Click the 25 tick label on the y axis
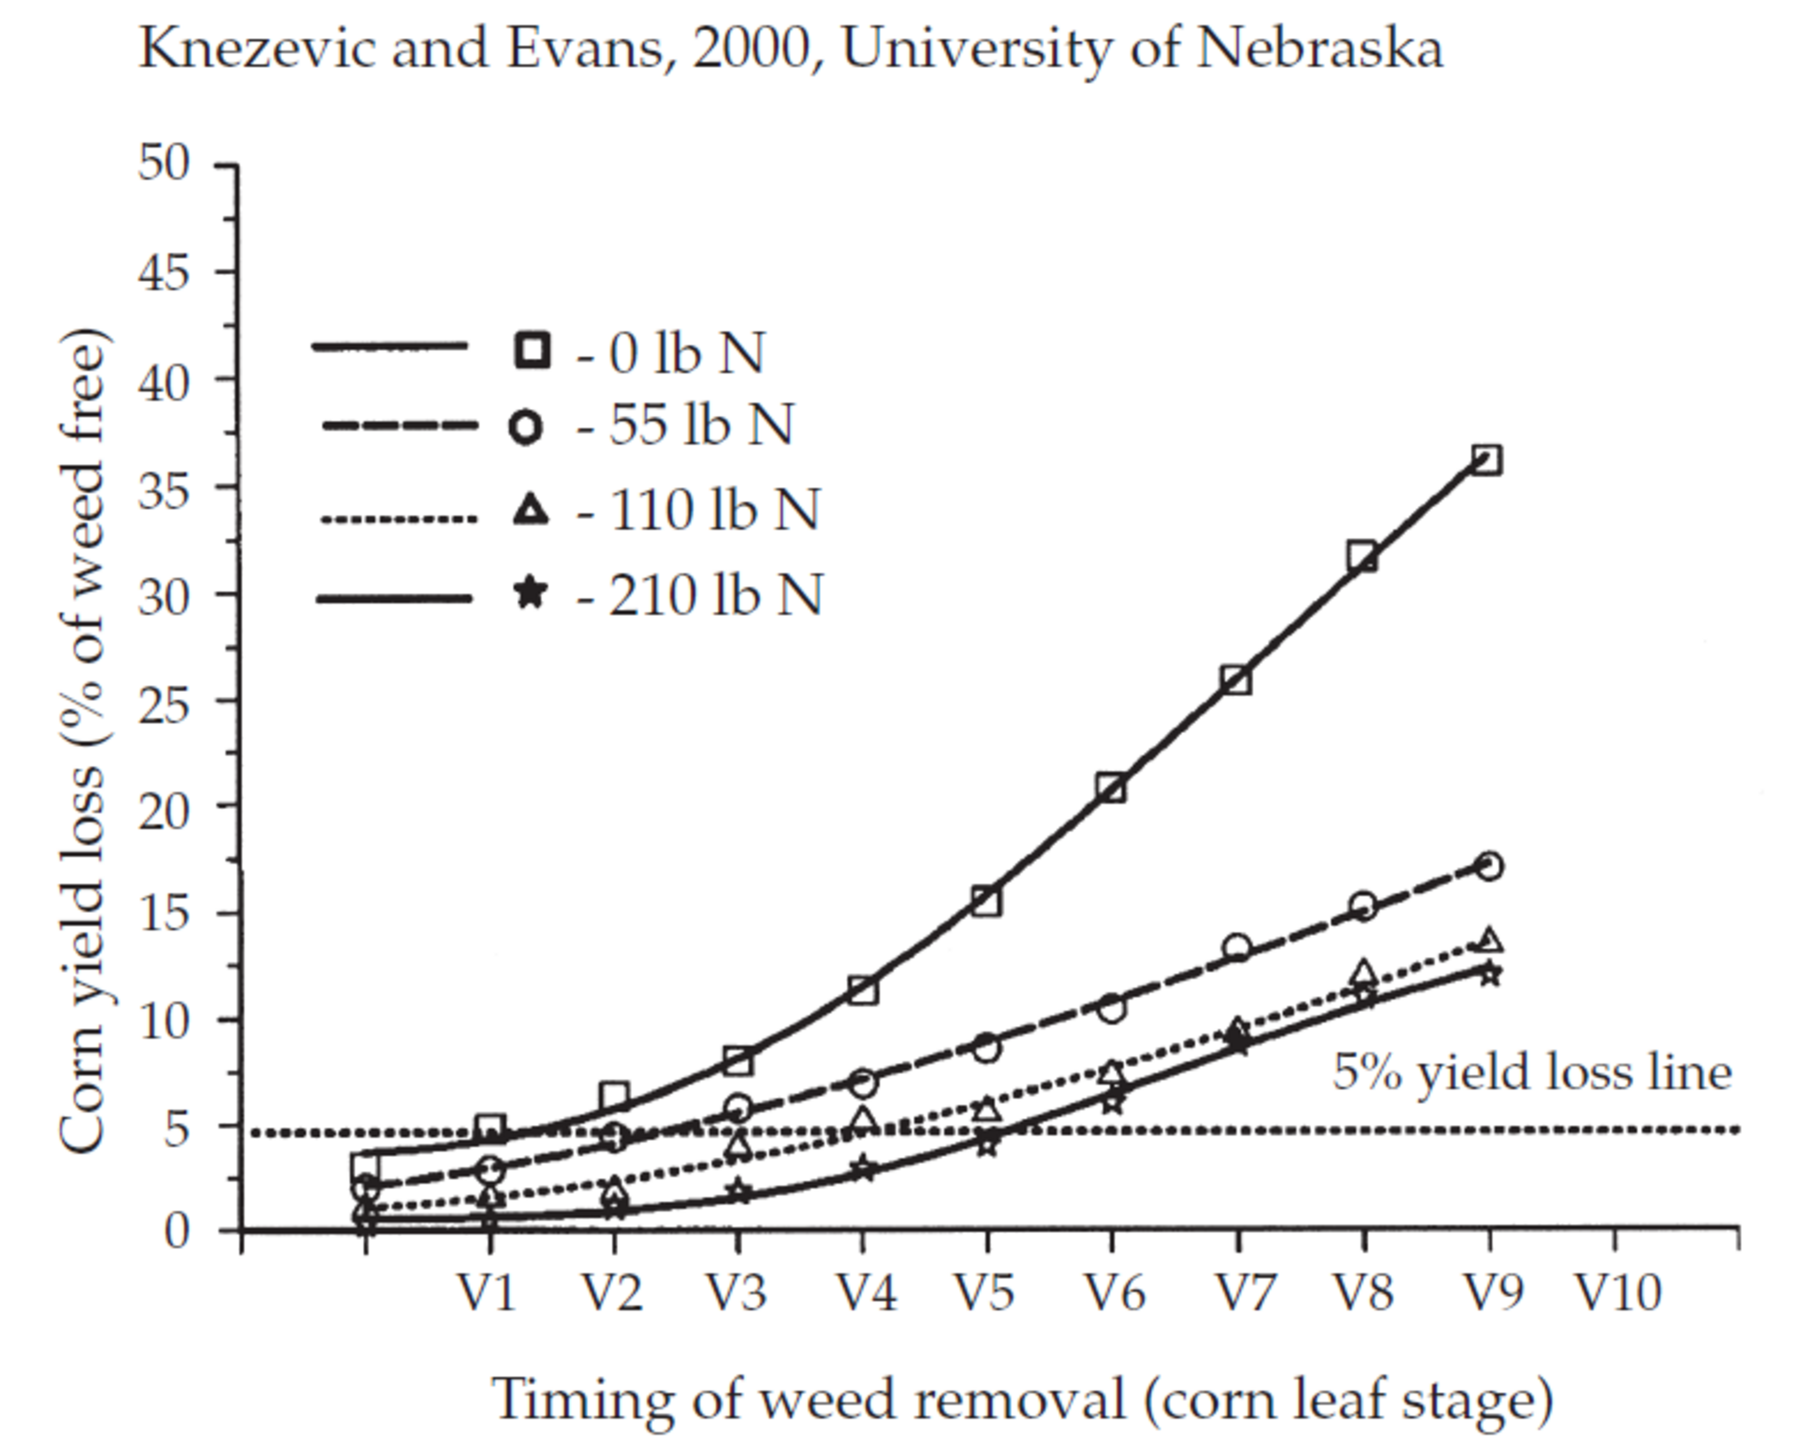[163, 699]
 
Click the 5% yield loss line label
[1531, 1072]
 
